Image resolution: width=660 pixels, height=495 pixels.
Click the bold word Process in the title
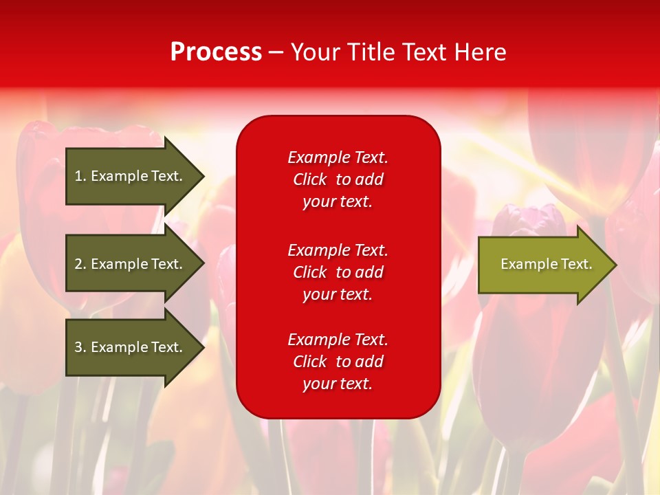pos(216,52)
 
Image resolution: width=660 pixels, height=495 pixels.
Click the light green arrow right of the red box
pos(543,264)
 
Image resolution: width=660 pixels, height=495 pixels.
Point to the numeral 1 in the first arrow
pos(78,176)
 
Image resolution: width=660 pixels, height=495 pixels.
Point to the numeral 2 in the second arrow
pos(78,264)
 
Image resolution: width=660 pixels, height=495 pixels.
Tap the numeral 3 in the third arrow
pos(78,347)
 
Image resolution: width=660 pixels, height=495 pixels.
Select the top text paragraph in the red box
pos(338,179)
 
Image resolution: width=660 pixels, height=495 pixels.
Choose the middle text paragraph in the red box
pos(338,272)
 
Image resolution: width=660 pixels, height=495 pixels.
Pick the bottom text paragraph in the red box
pos(338,362)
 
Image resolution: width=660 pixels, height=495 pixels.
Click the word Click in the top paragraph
pos(309,179)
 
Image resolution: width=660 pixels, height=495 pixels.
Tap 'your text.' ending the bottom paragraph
pos(338,384)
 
